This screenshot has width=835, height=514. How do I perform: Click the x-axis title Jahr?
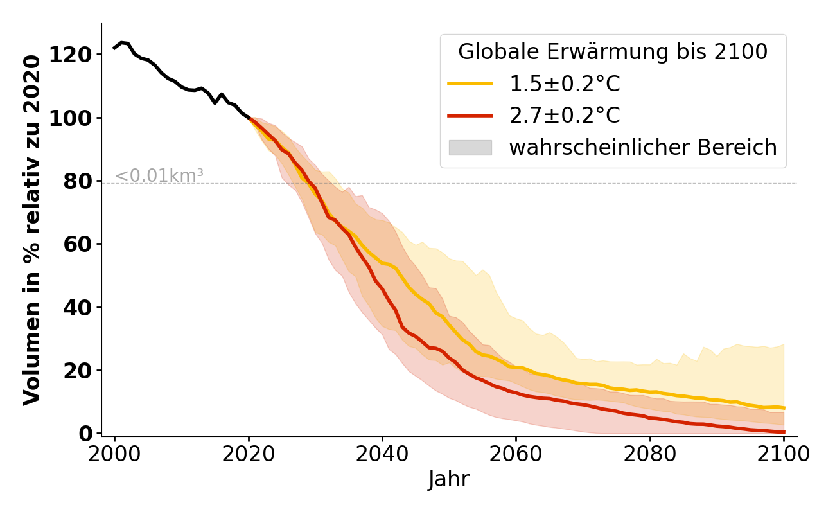pos(448,479)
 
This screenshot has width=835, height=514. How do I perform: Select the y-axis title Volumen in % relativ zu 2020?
pos(32,229)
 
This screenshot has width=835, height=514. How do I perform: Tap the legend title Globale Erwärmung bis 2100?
pos(613,52)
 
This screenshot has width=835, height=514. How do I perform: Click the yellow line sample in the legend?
pos(470,84)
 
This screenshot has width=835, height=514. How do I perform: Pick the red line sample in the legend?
pos(470,116)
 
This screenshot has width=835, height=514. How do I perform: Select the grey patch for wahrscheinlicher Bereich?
pos(470,148)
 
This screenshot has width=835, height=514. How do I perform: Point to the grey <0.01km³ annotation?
pos(159,175)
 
